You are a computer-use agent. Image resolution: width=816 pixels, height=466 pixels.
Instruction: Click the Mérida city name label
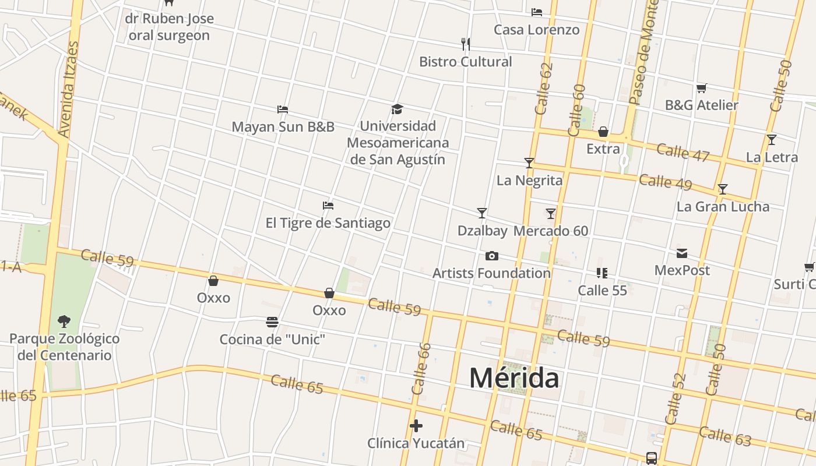[x=514, y=377]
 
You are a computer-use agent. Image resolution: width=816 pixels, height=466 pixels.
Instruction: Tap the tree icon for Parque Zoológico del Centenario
[x=64, y=321]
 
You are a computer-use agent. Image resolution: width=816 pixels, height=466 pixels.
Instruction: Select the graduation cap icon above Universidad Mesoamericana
[x=397, y=109]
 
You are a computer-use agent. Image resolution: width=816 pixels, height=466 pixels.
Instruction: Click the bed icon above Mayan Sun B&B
[x=283, y=109]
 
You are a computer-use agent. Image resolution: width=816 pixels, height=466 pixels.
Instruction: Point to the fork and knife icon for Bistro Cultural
[x=465, y=44]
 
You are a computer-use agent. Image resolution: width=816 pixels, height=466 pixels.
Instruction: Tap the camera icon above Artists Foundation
[x=492, y=256]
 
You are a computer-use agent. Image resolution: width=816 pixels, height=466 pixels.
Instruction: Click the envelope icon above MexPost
[x=682, y=253]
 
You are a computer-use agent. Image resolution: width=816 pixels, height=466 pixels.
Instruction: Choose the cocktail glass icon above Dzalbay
[x=482, y=213]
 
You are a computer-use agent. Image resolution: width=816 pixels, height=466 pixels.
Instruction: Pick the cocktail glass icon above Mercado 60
[x=551, y=213]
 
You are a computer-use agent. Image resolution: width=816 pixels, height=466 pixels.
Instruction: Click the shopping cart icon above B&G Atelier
[x=702, y=88]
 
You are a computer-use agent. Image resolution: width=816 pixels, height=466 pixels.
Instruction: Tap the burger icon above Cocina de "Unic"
[x=272, y=322]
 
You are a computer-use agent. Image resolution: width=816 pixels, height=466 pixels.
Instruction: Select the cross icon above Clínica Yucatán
[x=416, y=426]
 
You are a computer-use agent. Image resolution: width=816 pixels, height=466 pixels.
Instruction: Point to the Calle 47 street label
[x=683, y=152]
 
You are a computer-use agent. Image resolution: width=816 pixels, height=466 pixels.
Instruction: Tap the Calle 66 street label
[x=421, y=368]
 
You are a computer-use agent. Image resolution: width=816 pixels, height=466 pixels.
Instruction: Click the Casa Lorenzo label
[x=537, y=30]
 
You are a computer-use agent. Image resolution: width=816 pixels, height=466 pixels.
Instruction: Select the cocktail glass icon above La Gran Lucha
[x=723, y=189]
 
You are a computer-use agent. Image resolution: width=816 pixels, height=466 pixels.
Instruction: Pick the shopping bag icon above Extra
[x=603, y=132]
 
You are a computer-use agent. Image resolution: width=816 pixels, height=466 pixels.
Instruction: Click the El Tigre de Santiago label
[x=328, y=223]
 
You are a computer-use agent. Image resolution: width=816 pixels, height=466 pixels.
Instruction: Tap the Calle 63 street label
[x=724, y=436]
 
